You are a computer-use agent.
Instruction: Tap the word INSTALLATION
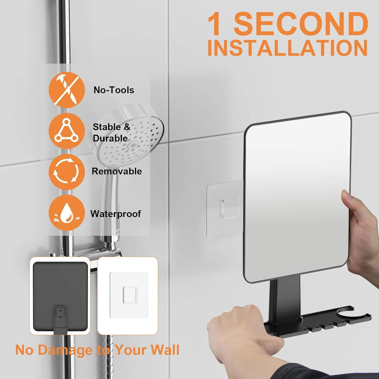tap(288, 48)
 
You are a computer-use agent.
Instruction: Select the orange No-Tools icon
tap(67, 90)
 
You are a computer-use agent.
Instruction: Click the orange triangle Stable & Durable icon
tap(67, 131)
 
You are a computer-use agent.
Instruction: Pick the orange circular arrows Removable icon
tap(67, 172)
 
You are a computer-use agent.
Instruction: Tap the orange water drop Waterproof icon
tap(67, 213)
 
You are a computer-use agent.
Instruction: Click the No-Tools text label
tap(114, 90)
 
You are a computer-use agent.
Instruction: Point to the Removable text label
tap(117, 171)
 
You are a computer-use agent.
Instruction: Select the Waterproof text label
tap(116, 214)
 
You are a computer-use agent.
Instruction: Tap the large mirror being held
tap(298, 197)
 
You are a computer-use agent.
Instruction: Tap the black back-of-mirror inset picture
tap(60, 296)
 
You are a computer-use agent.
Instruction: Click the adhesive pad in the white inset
tap(129, 295)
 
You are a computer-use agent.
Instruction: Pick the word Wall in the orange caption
tap(166, 350)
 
